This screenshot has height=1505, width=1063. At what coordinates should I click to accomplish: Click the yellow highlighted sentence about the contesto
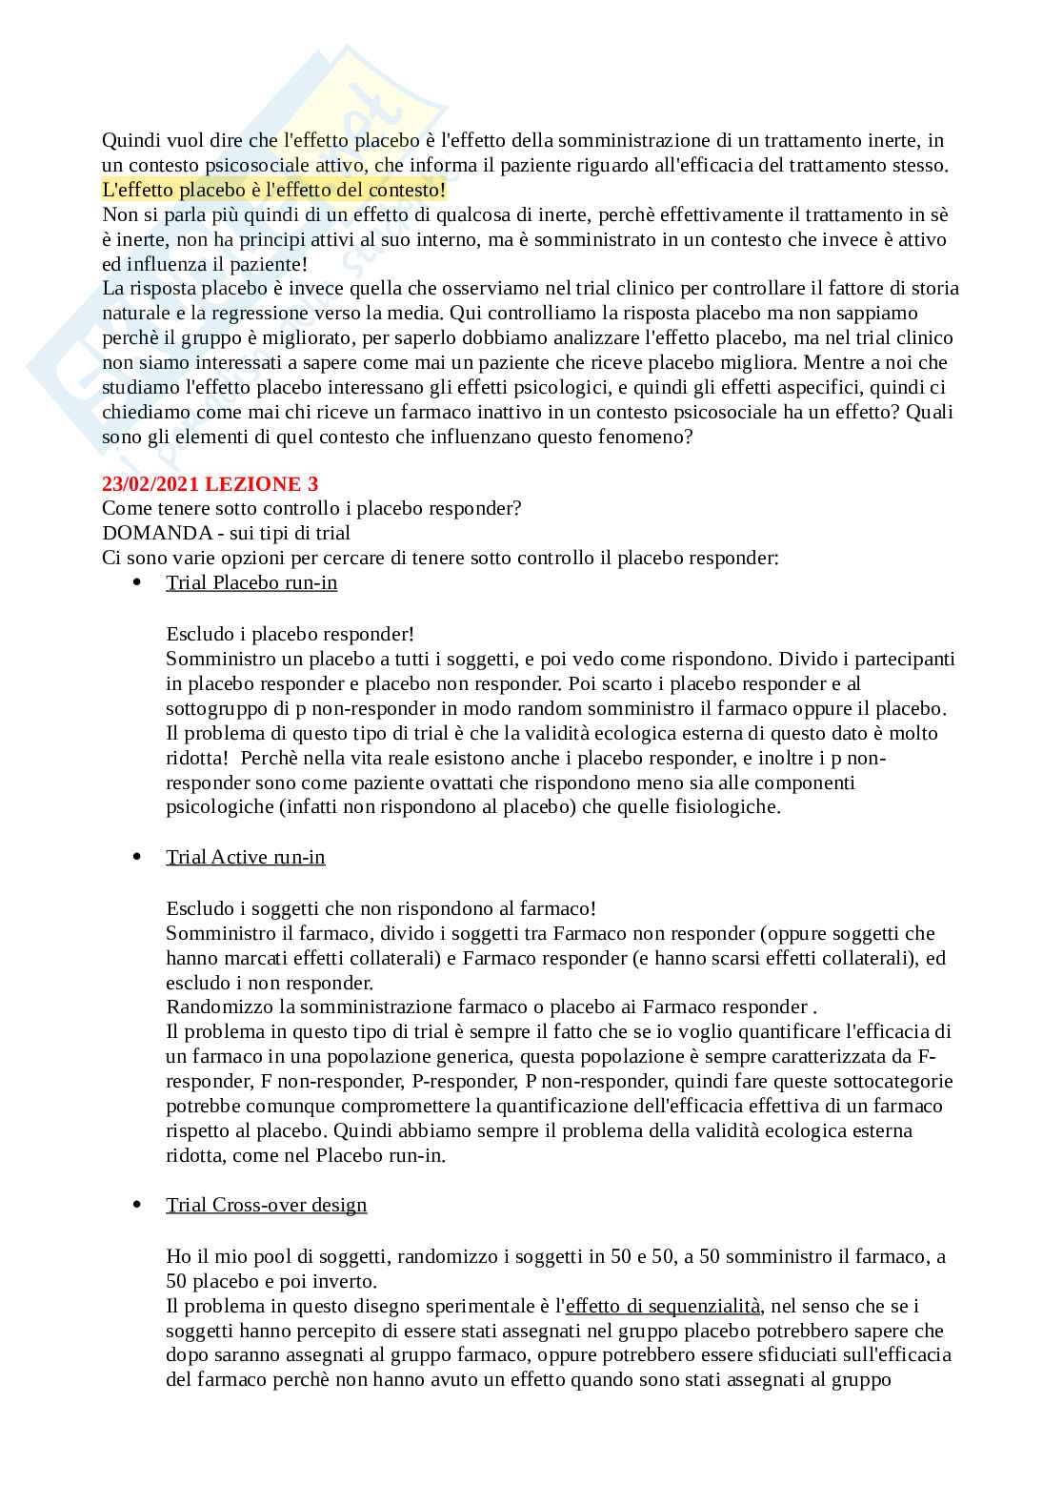[273, 190]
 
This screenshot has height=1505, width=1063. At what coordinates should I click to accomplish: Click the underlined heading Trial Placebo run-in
[251, 582]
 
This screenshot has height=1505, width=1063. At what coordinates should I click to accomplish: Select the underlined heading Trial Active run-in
[246, 857]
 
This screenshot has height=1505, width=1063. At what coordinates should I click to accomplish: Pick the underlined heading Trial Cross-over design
[267, 1205]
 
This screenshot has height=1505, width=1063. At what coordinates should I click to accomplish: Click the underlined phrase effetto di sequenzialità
[663, 1306]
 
